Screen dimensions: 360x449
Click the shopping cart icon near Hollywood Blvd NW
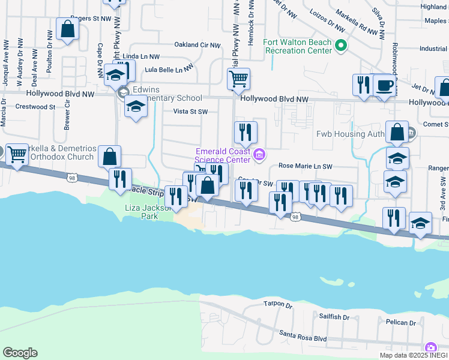click(238, 78)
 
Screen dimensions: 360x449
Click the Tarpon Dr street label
click(277, 304)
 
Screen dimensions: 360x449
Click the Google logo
click(20, 353)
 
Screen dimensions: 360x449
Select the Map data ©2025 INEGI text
click(413, 355)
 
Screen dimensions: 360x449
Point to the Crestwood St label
click(35, 107)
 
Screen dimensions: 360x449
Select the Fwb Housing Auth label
click(348, 133)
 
